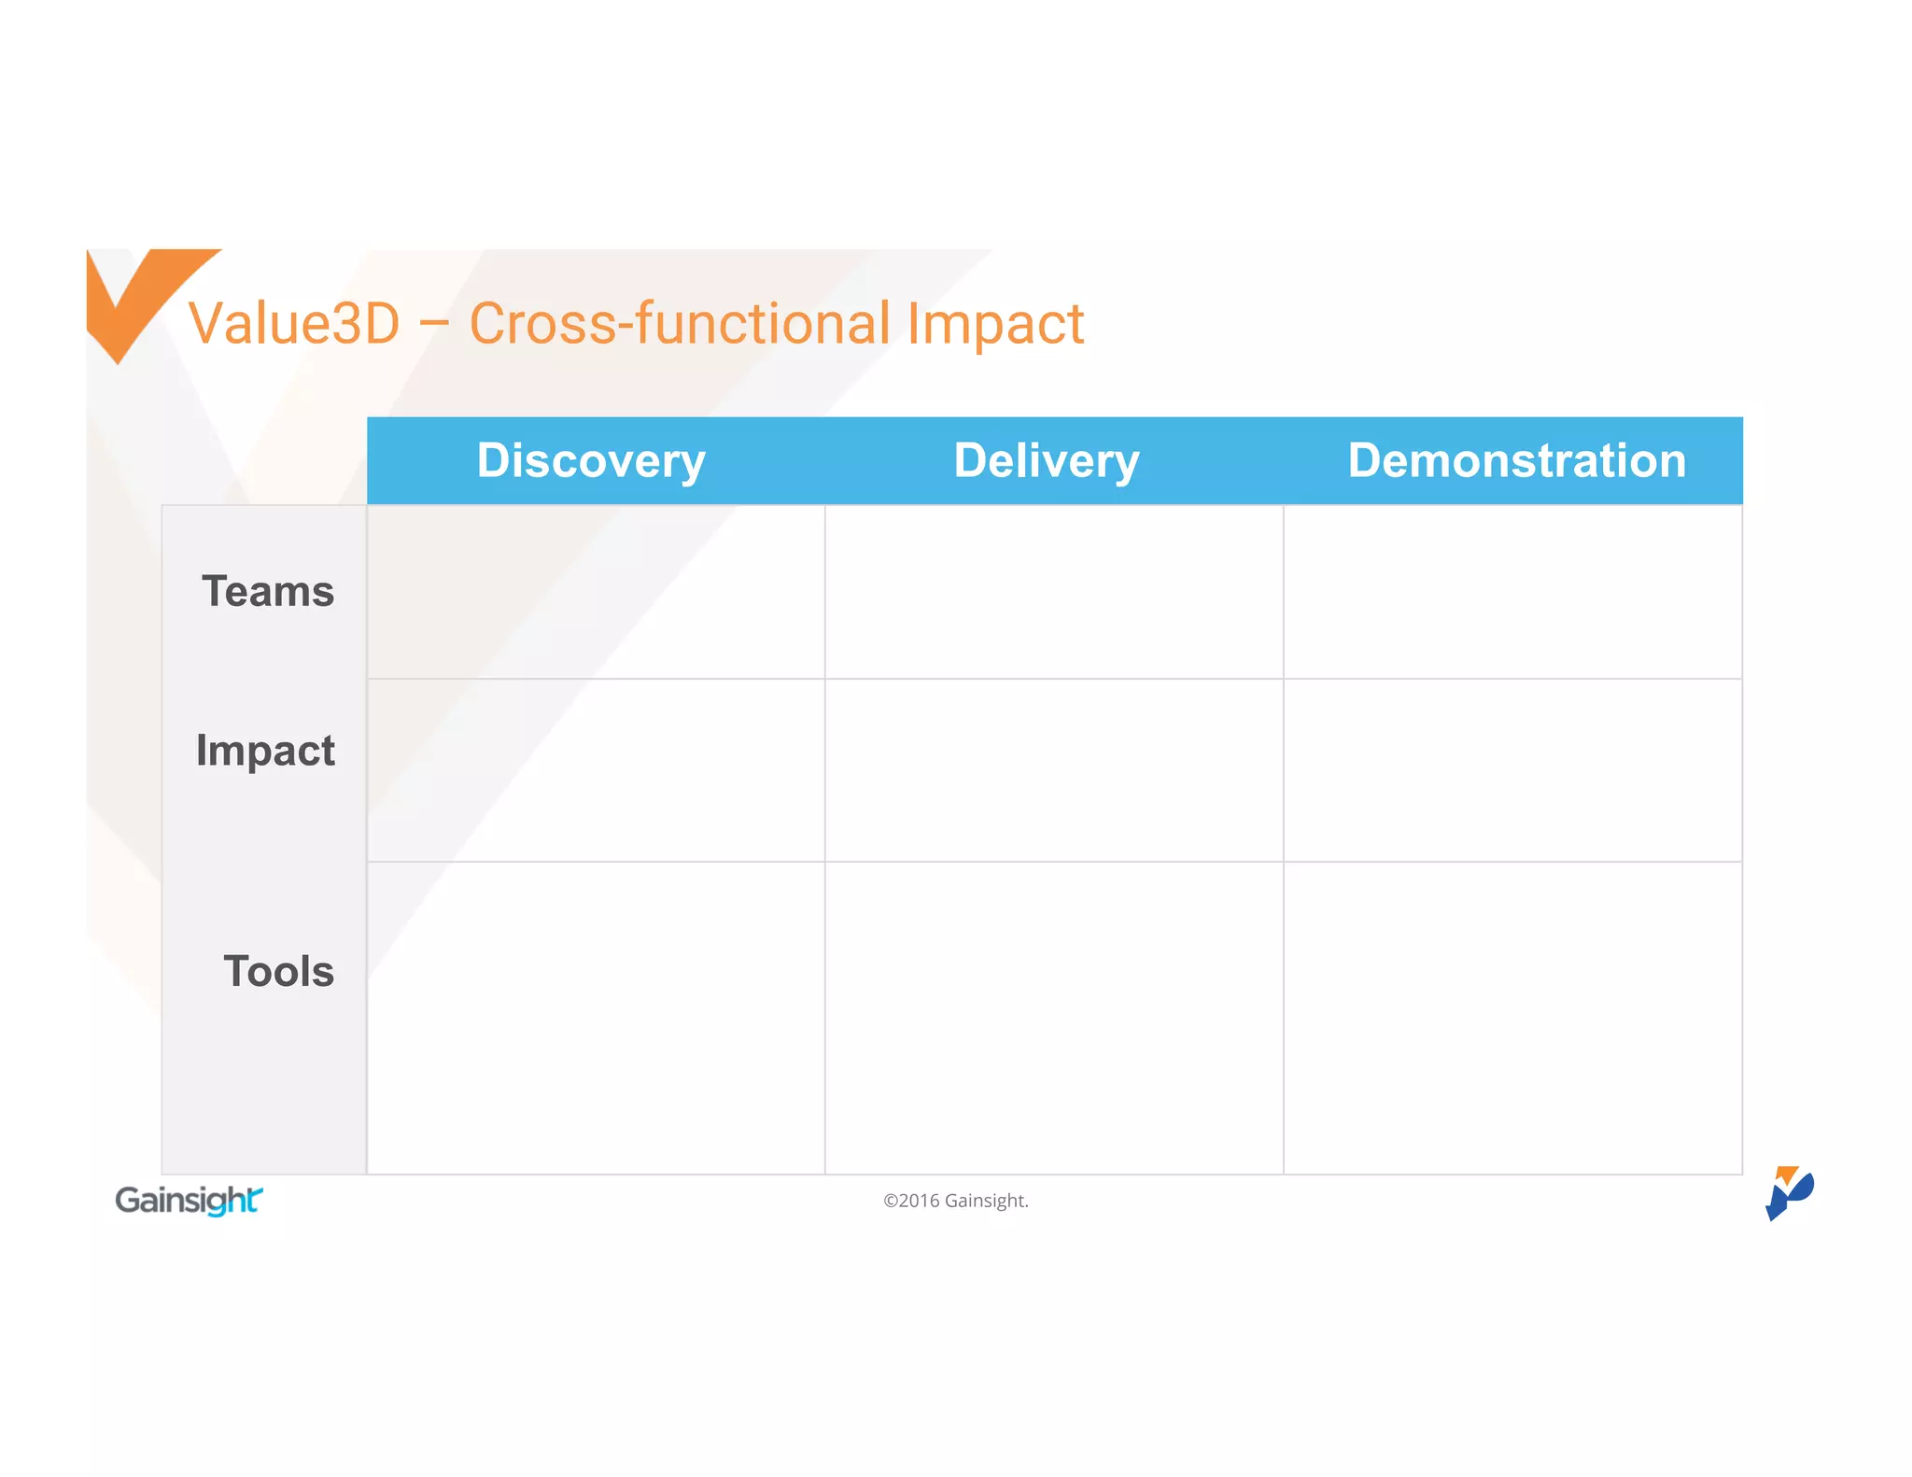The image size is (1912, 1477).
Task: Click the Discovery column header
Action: click(591, 460)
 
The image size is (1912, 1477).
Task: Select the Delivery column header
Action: click(1047, 460)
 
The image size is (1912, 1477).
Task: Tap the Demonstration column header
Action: click(1517, 460)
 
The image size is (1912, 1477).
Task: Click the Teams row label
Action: click(268, 592)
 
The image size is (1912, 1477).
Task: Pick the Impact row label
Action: click(265, 751)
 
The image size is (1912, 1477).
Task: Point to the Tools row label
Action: click(278, 971)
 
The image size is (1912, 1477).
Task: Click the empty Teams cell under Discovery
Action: click(596, 592)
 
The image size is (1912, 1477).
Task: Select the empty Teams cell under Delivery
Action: click(1054, 592)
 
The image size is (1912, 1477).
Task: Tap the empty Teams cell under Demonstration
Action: click(1512, 592)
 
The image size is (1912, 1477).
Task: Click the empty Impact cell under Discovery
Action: click(596, 770)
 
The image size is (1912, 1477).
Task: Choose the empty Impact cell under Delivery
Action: click(1054, 770)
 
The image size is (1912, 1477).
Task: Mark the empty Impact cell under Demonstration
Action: click(1512, 770)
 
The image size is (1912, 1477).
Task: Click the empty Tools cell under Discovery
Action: click(596, 1018)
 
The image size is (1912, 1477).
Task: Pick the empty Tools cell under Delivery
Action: click(1054, 1018)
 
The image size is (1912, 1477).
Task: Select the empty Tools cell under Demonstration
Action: click(1512, 1018)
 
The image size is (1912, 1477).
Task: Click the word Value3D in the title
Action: click(294, 324)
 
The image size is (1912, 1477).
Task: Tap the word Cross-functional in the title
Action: click(680, 324)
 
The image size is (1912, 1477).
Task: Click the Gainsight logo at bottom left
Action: click(189, 1200)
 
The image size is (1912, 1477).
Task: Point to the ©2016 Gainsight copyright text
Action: click(955, 1201)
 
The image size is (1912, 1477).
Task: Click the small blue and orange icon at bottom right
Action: click(1788, 1192)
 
